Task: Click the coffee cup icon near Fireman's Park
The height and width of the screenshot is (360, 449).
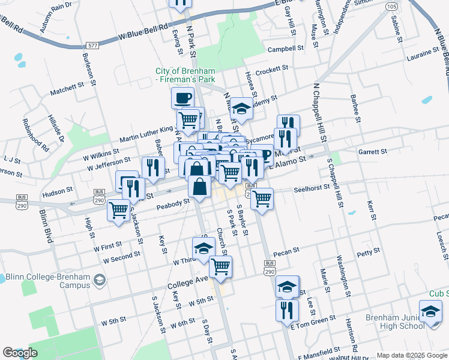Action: pos(183,97)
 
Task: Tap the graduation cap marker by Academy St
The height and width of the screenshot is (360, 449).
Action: pos(241,109)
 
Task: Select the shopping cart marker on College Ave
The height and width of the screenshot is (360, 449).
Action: pos(221,266)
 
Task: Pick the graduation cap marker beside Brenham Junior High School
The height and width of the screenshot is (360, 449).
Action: pos(430,311)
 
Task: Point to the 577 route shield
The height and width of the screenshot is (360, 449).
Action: pos(92,46)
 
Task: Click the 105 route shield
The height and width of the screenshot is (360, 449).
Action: pos(392,6)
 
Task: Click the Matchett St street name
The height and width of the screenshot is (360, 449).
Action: pos(67,89)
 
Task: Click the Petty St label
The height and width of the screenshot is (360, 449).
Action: pos(364,254)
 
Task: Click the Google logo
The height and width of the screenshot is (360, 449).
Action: pos(20,353)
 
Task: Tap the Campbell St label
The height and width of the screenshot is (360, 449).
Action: pos(286,49)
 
